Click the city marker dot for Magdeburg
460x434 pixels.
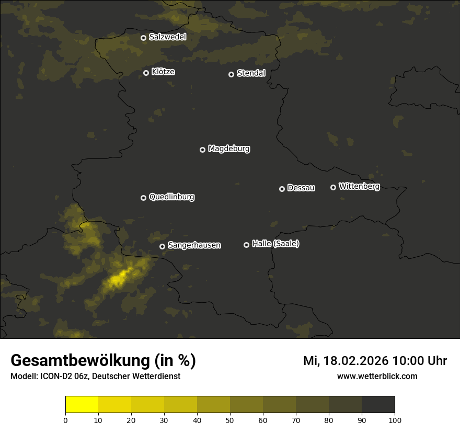(x=203, y=150)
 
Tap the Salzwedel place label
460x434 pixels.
(x=167, y=37)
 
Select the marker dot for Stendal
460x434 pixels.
(x=231, y=74)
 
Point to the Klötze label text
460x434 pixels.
(x=163, y=72)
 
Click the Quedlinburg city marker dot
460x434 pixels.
(x=143, y=198)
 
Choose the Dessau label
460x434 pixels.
(x=301, y=188)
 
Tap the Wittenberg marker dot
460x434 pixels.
(x=333, y=187)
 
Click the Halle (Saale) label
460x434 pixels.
(x=275, y=244)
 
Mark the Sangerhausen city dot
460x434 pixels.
(x=162, y=246)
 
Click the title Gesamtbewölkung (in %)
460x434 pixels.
(x=103, y=361)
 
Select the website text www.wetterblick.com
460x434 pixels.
(x=377, y=376)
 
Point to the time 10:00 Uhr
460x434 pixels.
(x=419, y=361)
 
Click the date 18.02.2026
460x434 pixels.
(x=356, y=361)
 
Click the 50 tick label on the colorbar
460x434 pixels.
(x=230, y=420)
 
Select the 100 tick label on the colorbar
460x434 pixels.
(x=395, y=420)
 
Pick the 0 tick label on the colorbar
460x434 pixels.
(x=65, y=420)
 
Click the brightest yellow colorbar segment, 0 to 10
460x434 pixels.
(x=82, y=405)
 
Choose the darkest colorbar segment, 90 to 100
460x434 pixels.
(x=378, y=405)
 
